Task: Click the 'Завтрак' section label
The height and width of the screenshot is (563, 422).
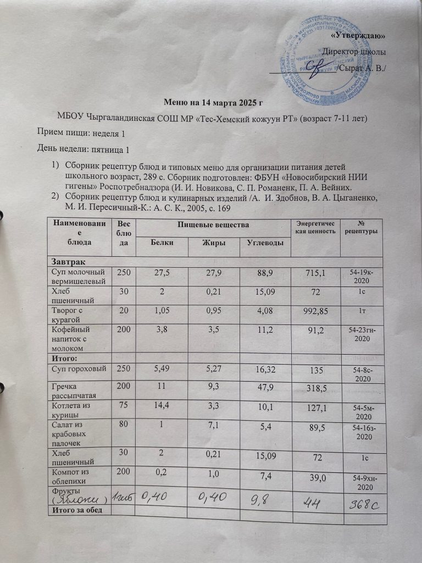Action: point(68,260)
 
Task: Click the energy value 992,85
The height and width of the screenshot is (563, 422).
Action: point(314,312)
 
